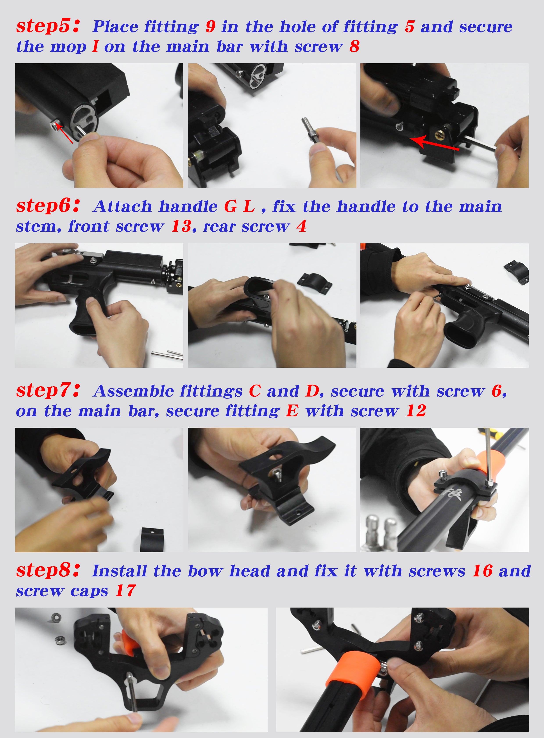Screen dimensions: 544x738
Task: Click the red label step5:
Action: coord(48,26)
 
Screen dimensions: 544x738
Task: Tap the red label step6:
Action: coord(48,206)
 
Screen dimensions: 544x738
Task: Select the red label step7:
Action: coord(48,390)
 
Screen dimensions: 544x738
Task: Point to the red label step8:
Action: coord(48,570)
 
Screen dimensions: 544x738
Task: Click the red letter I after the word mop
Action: coord(95,46)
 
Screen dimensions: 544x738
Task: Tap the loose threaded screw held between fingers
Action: coord(310,129)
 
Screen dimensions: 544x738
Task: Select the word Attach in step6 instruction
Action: coord(122,206)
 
